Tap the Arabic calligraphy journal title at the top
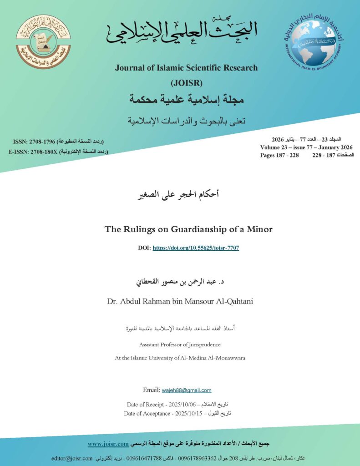click(x=182, y=32)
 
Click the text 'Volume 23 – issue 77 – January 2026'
click(x=306, y=147)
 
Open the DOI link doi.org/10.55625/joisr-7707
click(x=196, y=248)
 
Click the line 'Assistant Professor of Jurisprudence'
click(x=180, y=344)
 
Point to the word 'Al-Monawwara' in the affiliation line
click(x=225, y=358)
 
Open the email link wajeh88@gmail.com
click(x=187, y=390)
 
